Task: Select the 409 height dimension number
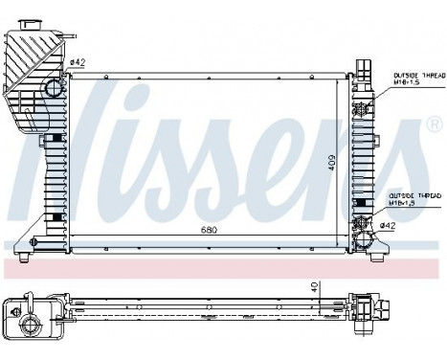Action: tap(331, 163)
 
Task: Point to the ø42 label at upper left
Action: tap(78, 64)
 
